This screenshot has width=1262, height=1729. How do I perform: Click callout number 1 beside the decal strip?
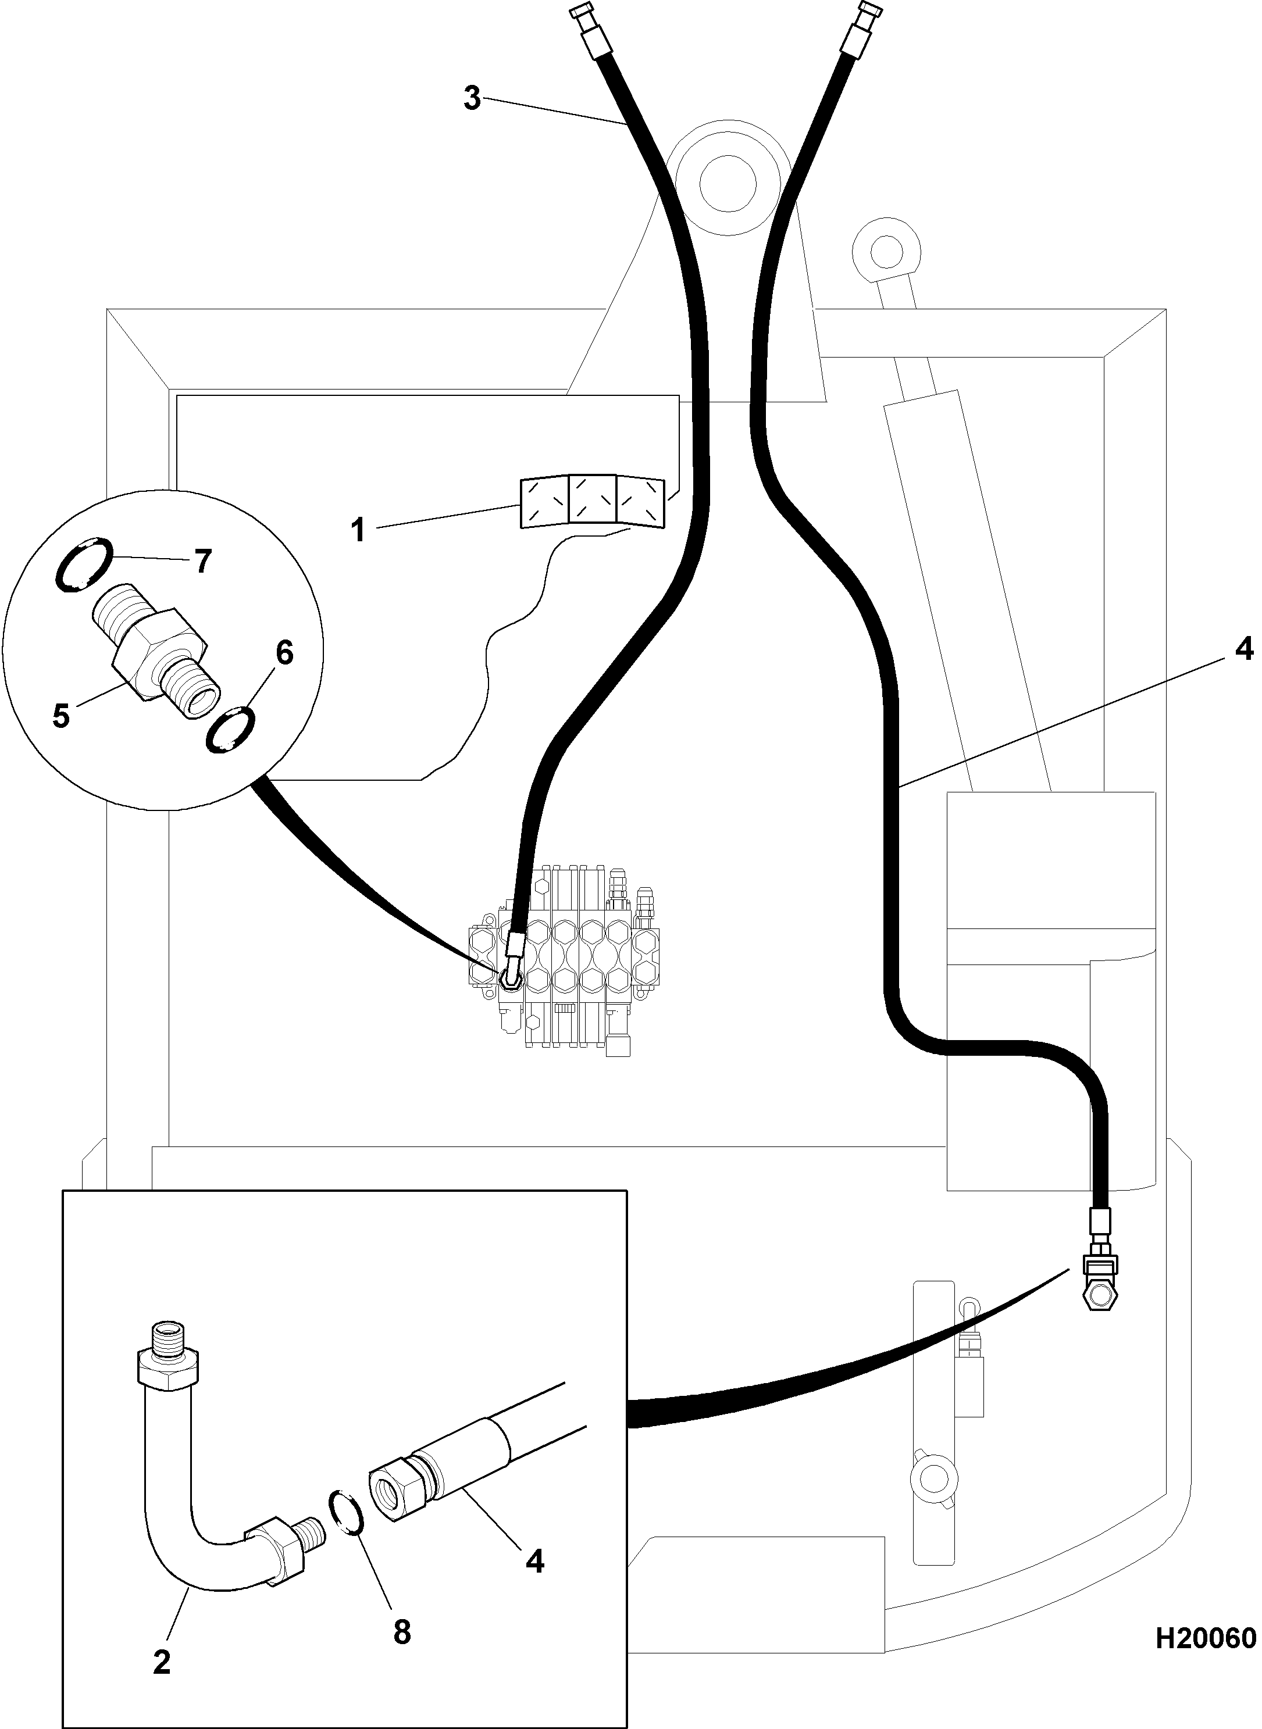click(x=358, y=531)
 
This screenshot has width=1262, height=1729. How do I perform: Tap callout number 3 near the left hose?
click(x=472, y=98)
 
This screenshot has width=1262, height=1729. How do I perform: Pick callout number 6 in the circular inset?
click(x=284, y=653)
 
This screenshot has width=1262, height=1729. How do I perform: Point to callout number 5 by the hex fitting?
click(x=61, y=716)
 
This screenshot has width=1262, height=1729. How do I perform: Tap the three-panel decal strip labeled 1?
click(x=592, y=502)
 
